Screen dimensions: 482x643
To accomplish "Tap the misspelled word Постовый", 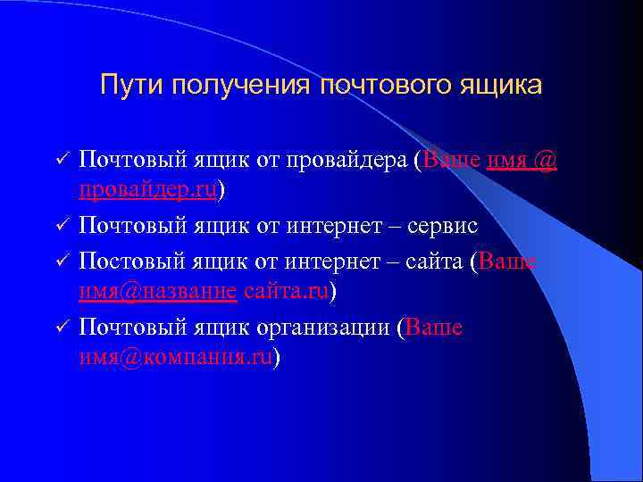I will [131, 261].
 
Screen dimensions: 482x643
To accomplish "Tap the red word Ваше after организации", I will [434, 328].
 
